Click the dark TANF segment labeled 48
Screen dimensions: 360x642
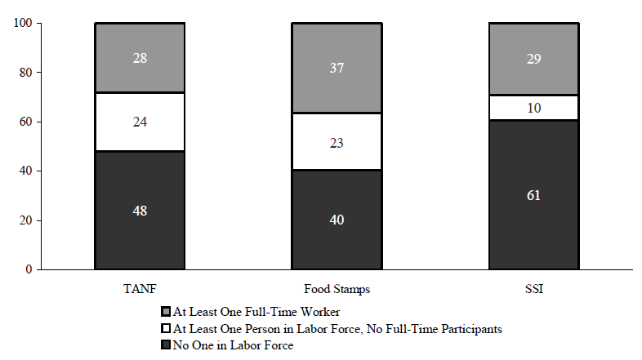pyautogui.click(x=139, y=210)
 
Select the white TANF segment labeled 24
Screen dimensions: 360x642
pyautogui.click(x=139, y=122)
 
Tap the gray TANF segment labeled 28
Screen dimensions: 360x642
pyautogui.click(x=139, y=57)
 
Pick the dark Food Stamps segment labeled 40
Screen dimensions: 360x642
pyautogui.click(x=337, y=220)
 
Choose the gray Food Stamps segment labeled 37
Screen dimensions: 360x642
pyautogui.click(x=337, y=68)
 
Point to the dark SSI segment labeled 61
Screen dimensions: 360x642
pyautogui.click(x=533, y=194)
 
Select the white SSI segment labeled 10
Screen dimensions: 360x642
pyautogui.click(x=533, y=108)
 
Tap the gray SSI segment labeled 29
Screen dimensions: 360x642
pyautogui.click(x=533, y=59)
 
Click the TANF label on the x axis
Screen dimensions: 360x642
pyautogui.click(x=139, y=289)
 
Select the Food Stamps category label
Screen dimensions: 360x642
pyautogui.click(x=336, y=289)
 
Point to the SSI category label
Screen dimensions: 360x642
pyautogui.click(x=533, y=289)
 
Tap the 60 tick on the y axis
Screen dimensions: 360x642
pyautogui.click(x=25, y=122)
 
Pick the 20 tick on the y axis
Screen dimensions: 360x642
pyautogui.click(x=25, y=220)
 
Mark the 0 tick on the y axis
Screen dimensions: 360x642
pyautogui.click(x=28, y=269)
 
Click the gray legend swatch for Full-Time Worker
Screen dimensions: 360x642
pyautogui.click(x=167, y=313)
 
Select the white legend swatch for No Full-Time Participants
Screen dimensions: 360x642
pyautogui.click(x=167, y=329)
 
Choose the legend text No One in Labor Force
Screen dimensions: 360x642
pyautogui.click(x=233, y=345)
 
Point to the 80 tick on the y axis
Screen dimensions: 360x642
pyautogui.click(x=25, y=73)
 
